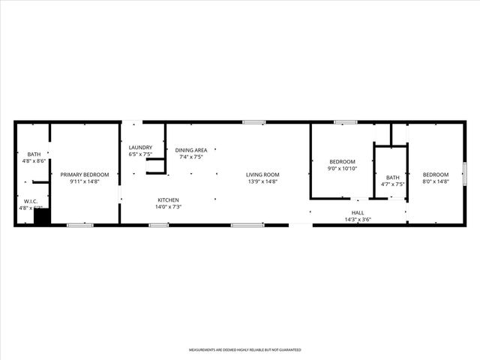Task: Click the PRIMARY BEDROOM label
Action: [x=85, y=175]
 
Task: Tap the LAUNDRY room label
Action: [x=140, y=147]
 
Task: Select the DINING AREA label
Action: [x=191, y=150]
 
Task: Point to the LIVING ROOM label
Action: [x=262, y=175]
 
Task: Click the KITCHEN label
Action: [x=168, y=199]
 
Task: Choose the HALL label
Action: [x=358, y=213]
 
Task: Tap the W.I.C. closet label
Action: [x=31, y=201]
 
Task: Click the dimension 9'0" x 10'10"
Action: [x=342, y=169]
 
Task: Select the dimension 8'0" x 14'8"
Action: [x=435, y=181]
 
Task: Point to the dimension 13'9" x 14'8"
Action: [x=262, y=181]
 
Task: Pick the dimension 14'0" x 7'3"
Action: [x=168, y=206]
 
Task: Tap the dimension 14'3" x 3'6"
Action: [x=358, y=220]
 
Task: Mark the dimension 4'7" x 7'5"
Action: [x=393, y=184]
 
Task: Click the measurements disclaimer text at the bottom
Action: [x=244, y=350]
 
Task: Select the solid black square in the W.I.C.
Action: [x=42, y=217]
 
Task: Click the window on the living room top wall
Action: [x=253, y=122]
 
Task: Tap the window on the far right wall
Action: [x=465, y=173]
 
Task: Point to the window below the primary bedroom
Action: [x=80, y=225]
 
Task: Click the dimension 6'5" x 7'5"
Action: [x=140, y=154]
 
